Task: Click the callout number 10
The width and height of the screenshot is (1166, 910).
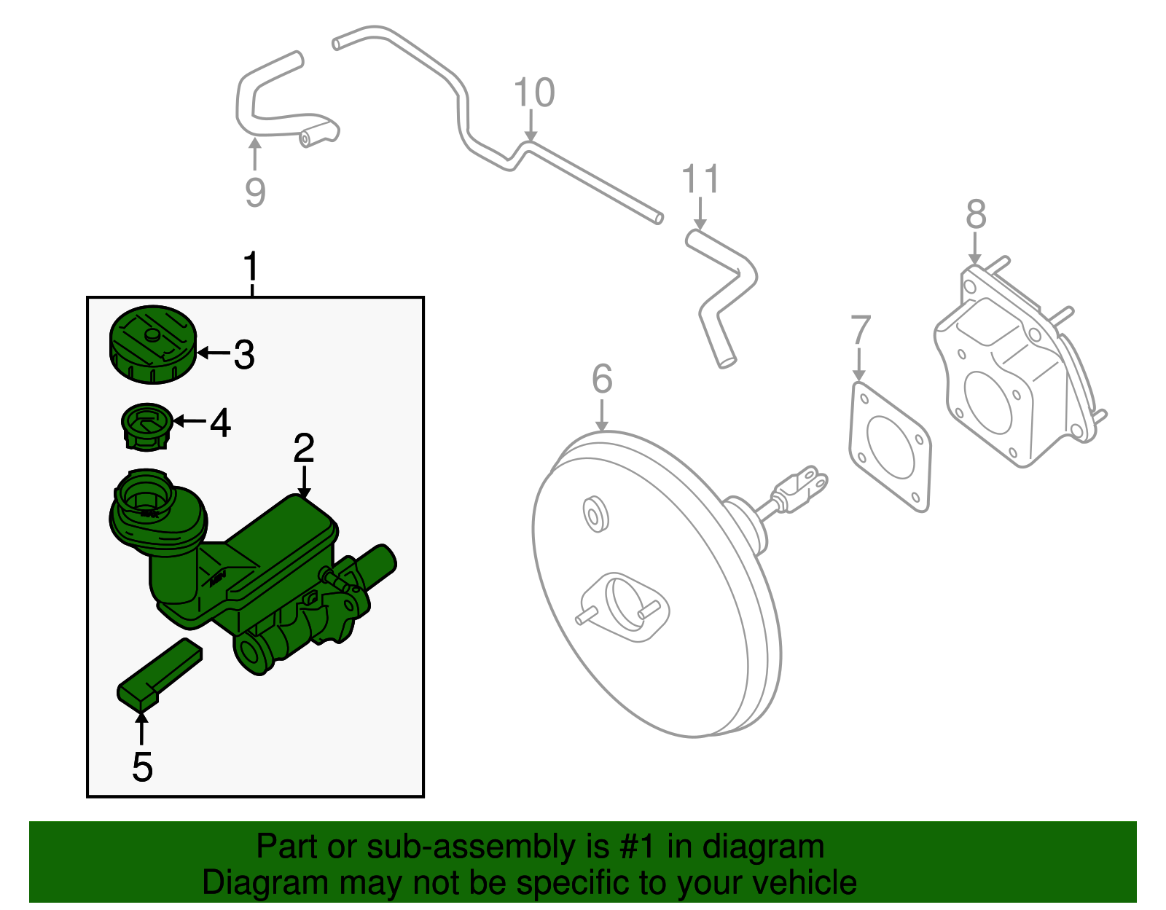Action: point(534,93)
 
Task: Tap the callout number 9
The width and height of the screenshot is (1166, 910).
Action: point(255,192)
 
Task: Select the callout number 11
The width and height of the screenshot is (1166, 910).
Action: point(700,180)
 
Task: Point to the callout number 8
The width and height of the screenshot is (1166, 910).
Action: point(976,214)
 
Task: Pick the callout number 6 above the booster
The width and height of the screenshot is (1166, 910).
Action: point(602,379)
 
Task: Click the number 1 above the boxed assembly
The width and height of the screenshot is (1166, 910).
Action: point(251,267)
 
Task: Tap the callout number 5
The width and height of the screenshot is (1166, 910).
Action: point(142,767)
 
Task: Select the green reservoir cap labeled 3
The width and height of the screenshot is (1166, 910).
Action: point(153,344)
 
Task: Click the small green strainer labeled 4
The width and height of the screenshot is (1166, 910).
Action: point(146,426)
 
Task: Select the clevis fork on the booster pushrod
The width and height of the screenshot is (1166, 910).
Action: point(805,485)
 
